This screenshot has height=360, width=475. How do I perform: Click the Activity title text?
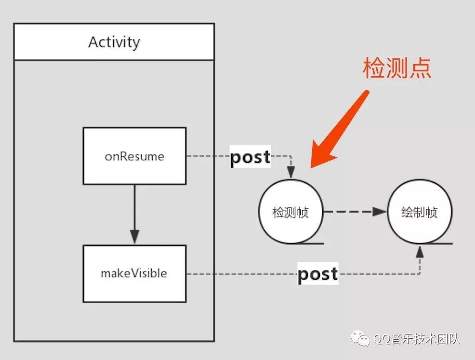(x=114, y=42)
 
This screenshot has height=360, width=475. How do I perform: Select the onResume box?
(x=134, y=156)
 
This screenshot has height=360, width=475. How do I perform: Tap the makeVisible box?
(x=134, y=273)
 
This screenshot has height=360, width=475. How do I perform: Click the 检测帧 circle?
(x=290, y=212)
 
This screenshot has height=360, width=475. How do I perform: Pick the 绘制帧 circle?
(x=420, y=212)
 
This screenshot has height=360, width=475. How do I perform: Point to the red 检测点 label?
(x=396, y=69)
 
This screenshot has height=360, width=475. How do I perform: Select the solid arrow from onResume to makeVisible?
(x=134, y=212)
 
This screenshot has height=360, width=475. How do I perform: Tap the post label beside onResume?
(x=250, y=156)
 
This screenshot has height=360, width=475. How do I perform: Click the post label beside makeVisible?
(x=317, y=274)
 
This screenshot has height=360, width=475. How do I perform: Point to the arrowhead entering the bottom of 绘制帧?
(x=420, y=251)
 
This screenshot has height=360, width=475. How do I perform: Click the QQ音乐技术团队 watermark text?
(x=417, y=339)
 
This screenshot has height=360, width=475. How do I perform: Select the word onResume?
(x=134, y=156)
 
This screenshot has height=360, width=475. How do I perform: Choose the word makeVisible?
(x=134, y=273)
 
